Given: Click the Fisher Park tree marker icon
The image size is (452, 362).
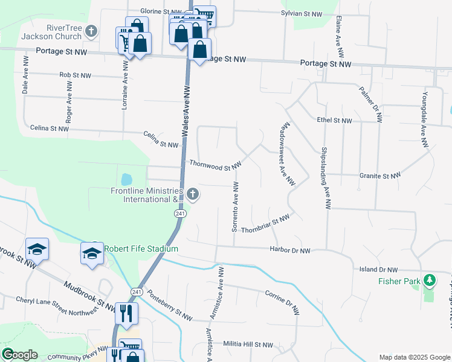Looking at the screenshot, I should pos(430,280).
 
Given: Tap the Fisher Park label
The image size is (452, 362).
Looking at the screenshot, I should pos(398,281).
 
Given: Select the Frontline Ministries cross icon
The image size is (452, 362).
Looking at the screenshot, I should pos(192,194).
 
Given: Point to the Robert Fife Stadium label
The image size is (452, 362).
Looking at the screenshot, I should pos(141,249).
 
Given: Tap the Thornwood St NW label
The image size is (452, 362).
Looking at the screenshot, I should pos(215,164).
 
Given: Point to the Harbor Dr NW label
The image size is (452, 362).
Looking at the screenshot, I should pos(289,250).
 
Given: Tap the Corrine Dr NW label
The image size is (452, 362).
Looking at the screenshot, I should pos(282,302).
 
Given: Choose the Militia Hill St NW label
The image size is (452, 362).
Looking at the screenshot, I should pos(247,345).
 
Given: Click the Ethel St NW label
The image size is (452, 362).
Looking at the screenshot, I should pos(334,121).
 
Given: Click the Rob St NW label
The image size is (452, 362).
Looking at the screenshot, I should pos(75,75).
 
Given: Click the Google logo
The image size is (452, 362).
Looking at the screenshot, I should pos(19,355).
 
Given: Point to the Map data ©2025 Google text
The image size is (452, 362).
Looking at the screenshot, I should pos(414,357).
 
